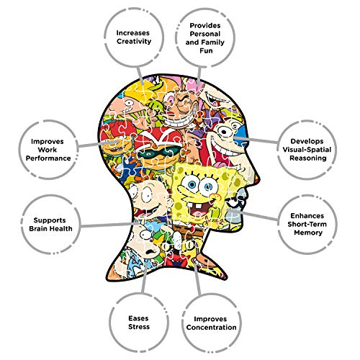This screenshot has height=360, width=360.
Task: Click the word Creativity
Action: pos(134,41)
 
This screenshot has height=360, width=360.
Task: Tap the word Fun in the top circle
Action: pos(206,50)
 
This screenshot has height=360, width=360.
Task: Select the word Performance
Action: pos(48,158)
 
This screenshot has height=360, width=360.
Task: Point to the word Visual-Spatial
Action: pos(307,150)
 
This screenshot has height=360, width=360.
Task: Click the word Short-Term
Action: pos(307,224)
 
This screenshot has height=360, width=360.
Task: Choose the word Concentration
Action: pos(211,328)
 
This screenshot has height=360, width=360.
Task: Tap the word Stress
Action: pos(139,327)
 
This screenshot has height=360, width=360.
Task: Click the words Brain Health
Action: pos(50,228)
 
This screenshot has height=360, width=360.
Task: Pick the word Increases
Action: pos(133,33)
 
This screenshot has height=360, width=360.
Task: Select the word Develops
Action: pos(307,141)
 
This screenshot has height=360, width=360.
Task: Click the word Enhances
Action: pos(307,216)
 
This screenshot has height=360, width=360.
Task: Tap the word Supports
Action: pos(50,220)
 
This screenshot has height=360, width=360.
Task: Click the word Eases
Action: pos(138,318)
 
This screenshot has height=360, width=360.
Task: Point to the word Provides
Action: pos(205,25)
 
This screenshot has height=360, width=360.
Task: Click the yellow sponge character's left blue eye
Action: pos(192,184)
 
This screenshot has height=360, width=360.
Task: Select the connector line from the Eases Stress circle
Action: pos(145,279)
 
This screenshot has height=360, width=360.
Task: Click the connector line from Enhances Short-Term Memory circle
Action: pos(253,215)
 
